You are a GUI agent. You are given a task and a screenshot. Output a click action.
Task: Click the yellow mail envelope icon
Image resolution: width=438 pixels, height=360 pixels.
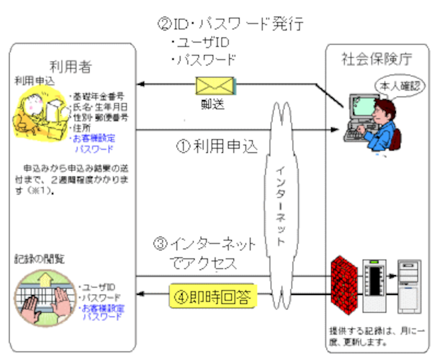point(215,86)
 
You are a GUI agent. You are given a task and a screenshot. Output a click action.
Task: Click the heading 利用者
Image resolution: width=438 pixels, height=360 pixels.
point(72,67)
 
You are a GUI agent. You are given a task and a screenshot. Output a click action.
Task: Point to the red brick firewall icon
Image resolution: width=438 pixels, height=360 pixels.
point(343,283)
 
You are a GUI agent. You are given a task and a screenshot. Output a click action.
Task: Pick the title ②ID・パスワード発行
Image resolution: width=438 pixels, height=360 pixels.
point(229,24)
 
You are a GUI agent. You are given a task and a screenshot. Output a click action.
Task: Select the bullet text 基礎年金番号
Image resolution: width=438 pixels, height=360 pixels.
point(99,97)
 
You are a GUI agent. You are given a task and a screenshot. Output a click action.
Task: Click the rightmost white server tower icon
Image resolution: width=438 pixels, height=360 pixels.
point(410,285)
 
